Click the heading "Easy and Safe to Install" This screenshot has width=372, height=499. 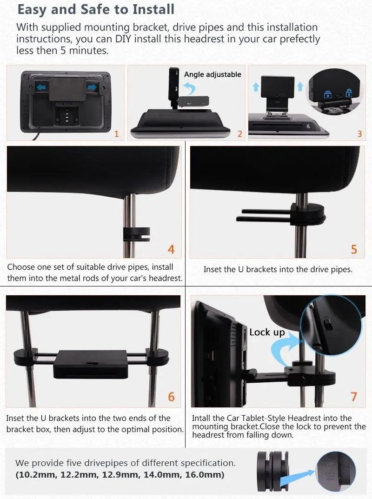coord(95,9)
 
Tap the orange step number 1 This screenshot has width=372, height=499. coord(116,134)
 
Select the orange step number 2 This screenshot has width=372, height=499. coord(240,134)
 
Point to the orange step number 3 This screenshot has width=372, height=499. coord(359,134)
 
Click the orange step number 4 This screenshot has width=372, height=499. coord(171,249)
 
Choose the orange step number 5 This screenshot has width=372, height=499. coord(354,249)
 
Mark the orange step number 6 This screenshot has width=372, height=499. coord(171,396)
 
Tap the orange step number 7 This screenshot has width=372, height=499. coord(354,396)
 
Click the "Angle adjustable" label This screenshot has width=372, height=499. coord(213,74)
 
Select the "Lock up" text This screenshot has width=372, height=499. coord(267,332)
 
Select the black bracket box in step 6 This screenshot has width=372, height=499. coord(90,365)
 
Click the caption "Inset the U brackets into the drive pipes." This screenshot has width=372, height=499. coord(278,269)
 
